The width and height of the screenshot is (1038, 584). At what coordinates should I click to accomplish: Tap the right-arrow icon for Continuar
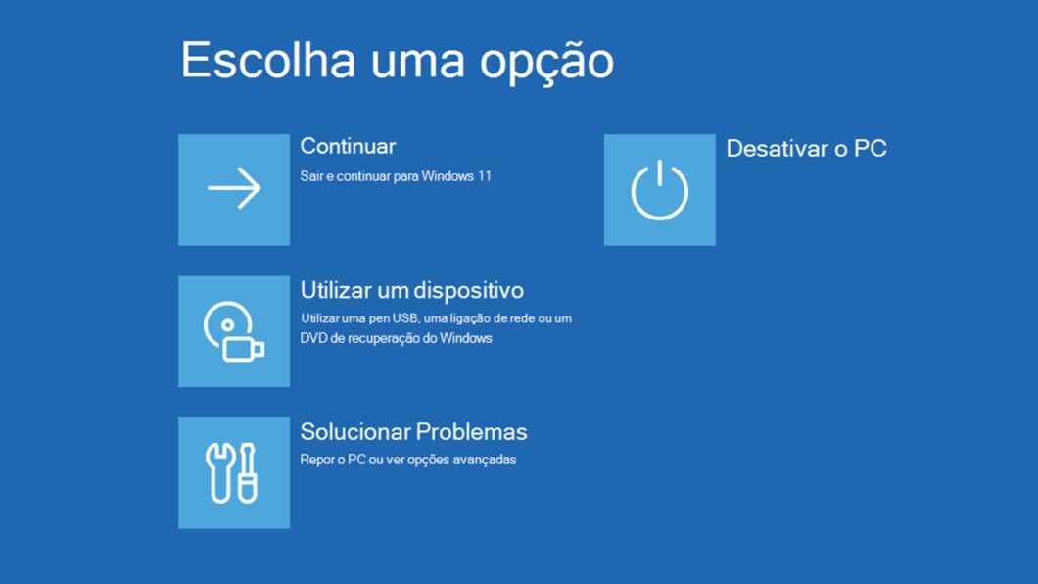coord(234,189)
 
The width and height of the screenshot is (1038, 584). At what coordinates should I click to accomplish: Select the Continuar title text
coord(348,146)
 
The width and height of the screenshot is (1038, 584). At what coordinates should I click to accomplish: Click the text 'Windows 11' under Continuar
coord(464,177)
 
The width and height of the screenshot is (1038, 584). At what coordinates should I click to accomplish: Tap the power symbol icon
coord(659,189)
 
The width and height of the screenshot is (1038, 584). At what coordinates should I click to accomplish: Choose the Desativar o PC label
coord(806,149)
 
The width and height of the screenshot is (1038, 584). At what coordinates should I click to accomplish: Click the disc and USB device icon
coord(233,331)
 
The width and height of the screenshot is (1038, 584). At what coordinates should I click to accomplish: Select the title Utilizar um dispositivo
coord(411,291)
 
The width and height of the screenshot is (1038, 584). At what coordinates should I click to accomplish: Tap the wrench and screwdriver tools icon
coord(233,472)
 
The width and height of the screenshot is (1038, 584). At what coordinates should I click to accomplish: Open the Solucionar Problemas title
coord(413,432)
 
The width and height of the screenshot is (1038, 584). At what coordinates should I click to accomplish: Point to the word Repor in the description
coord(316,460)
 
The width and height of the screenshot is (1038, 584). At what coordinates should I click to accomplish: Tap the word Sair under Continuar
coord(310,177)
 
